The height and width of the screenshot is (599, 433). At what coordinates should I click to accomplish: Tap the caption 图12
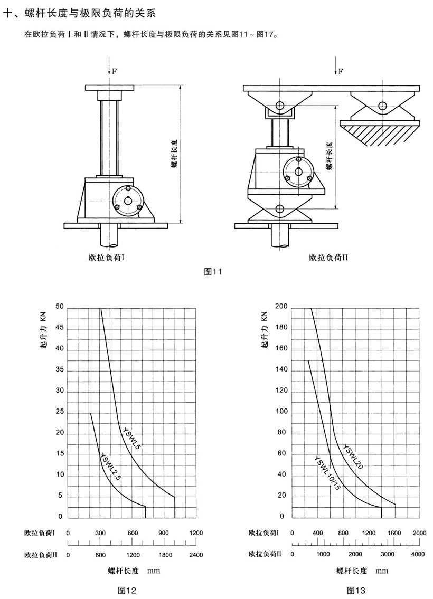pyautogui.click(x=127, y=591)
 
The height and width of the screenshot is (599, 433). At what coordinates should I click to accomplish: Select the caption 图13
pyautogui.click(x=356, y=591)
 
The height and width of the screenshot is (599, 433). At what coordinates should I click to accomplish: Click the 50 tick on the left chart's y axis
pyautogui.click(x=59, y=307)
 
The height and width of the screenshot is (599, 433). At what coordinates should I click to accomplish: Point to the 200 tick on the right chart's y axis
pyautogui.click(x=281, y=307)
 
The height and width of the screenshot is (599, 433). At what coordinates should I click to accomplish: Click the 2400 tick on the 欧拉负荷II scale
pyautogui.click(x=196, y=555)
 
